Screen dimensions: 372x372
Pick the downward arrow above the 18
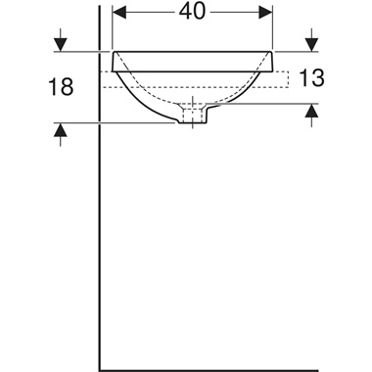coord(62,42)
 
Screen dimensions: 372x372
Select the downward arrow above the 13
coord(310,42)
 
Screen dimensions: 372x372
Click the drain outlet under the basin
coord(193,117)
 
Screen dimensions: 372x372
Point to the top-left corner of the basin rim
coord(114,51)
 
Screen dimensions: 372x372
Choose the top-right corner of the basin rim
coord(273,51)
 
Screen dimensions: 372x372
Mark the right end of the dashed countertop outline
coord(291,80)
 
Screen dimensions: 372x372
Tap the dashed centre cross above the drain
coord(194,104)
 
